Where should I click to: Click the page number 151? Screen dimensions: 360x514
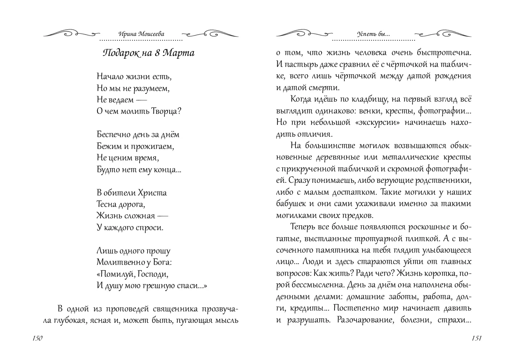[477, 338]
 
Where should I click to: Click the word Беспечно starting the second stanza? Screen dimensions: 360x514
[112, 134]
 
